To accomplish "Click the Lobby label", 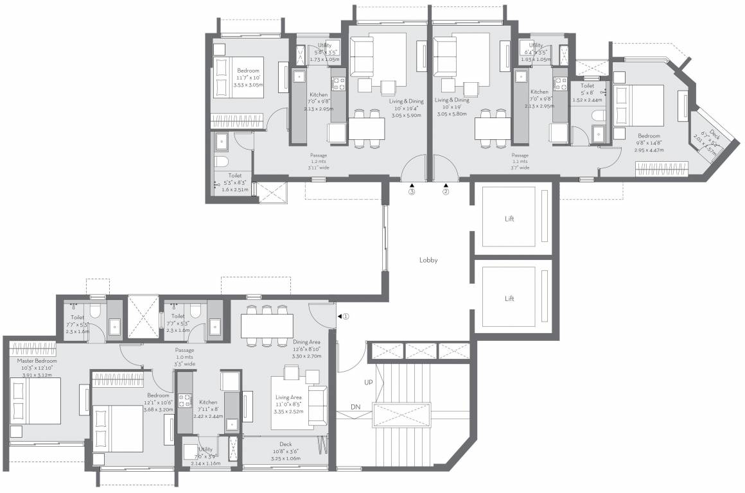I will pyautogui.click(x=428, y=261).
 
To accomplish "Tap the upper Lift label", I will pyautogui.click(x=509, y=219).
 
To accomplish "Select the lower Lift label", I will pyautogui.click(x=509, y=298).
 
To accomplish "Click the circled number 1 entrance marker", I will pyautogui.click(x=345, y=316).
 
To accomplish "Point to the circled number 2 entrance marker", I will pyautogui.click(x=446, y=191).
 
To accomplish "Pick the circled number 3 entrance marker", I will pyautogui.click(x=412, y=191).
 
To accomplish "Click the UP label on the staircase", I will pyautogui.click(x=369, y=382).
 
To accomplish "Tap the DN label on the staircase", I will pyautogui.click(x=356, y=407).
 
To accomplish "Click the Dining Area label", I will pyautogui.click(x=306, y=342).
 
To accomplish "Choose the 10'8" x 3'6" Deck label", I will pyautogui.click(x=286, y=444).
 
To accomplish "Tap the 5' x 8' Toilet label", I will pyautogui.click(x=587, y=85).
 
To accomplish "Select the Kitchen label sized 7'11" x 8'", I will pyautogui.click(x=208, y=402).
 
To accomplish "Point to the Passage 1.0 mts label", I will pyautogui.click(x=185, y=350).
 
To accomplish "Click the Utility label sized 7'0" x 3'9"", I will pyautogui.click(x=206, y=450).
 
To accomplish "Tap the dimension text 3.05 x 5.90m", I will pyautogui.click(x=406, y=116).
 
